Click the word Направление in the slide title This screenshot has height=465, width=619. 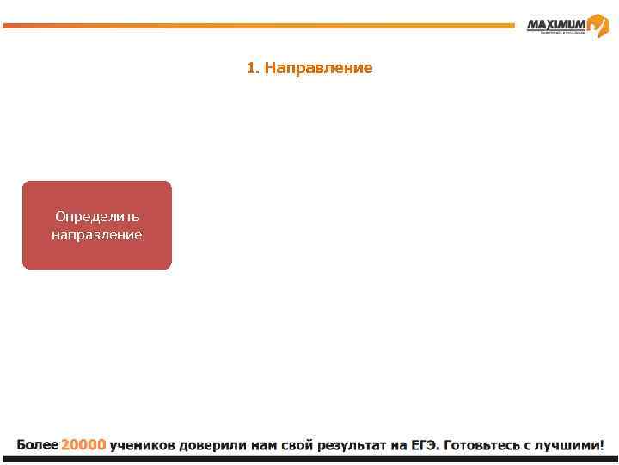pos(318,67)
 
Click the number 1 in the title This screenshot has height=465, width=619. pos(250,67)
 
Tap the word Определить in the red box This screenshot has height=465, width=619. pos(97,216)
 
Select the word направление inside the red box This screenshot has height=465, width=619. pos(97,234)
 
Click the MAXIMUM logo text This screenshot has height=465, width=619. pos(556,25)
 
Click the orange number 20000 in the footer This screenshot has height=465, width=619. pos(83,445)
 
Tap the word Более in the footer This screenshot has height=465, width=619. pos(37,445)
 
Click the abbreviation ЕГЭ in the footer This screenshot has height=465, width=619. pos(424,445)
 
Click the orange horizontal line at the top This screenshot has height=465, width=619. pos(258,25)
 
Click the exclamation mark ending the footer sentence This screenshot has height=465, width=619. pos(602,445)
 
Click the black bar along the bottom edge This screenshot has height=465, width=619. pos(309,460)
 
